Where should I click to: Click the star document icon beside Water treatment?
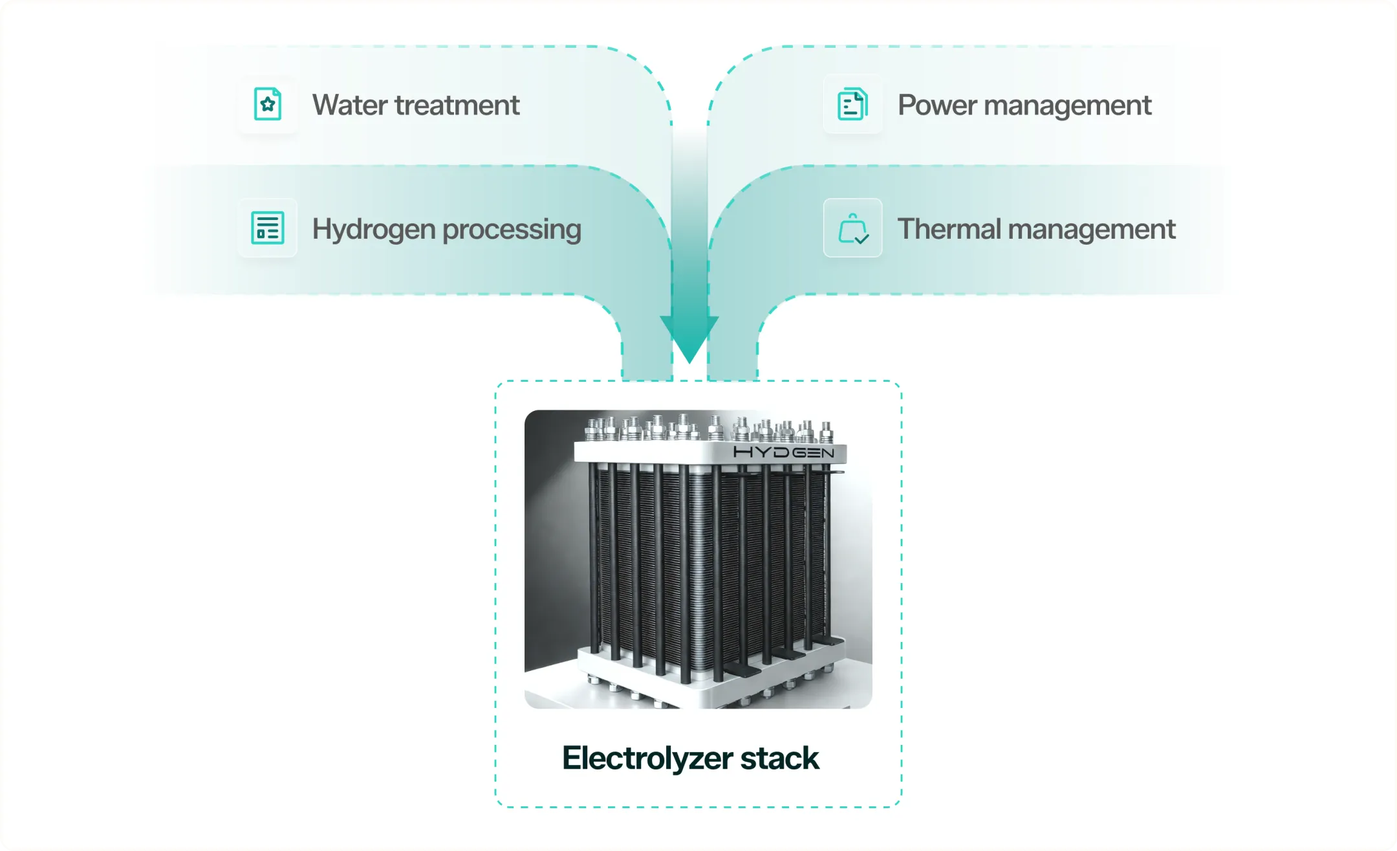[x=267, y=104]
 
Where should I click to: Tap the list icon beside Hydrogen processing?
[x=267, y=228]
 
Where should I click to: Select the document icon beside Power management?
[x=852, y=104]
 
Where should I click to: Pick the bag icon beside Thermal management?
[x=853, y=228]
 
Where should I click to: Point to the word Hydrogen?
[x=374, y=229]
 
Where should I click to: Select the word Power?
[x=937, y=105]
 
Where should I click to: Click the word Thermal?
[x=949, y=228]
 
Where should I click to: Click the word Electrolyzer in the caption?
[x=647, y=758]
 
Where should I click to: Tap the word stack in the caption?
[x=780, y=758]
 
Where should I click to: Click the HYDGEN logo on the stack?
[x=783, y=452]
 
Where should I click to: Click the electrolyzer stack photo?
[x=698, y=559]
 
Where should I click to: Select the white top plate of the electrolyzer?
[x=710, y=452]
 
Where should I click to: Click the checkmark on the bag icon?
[x=861, y=239]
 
